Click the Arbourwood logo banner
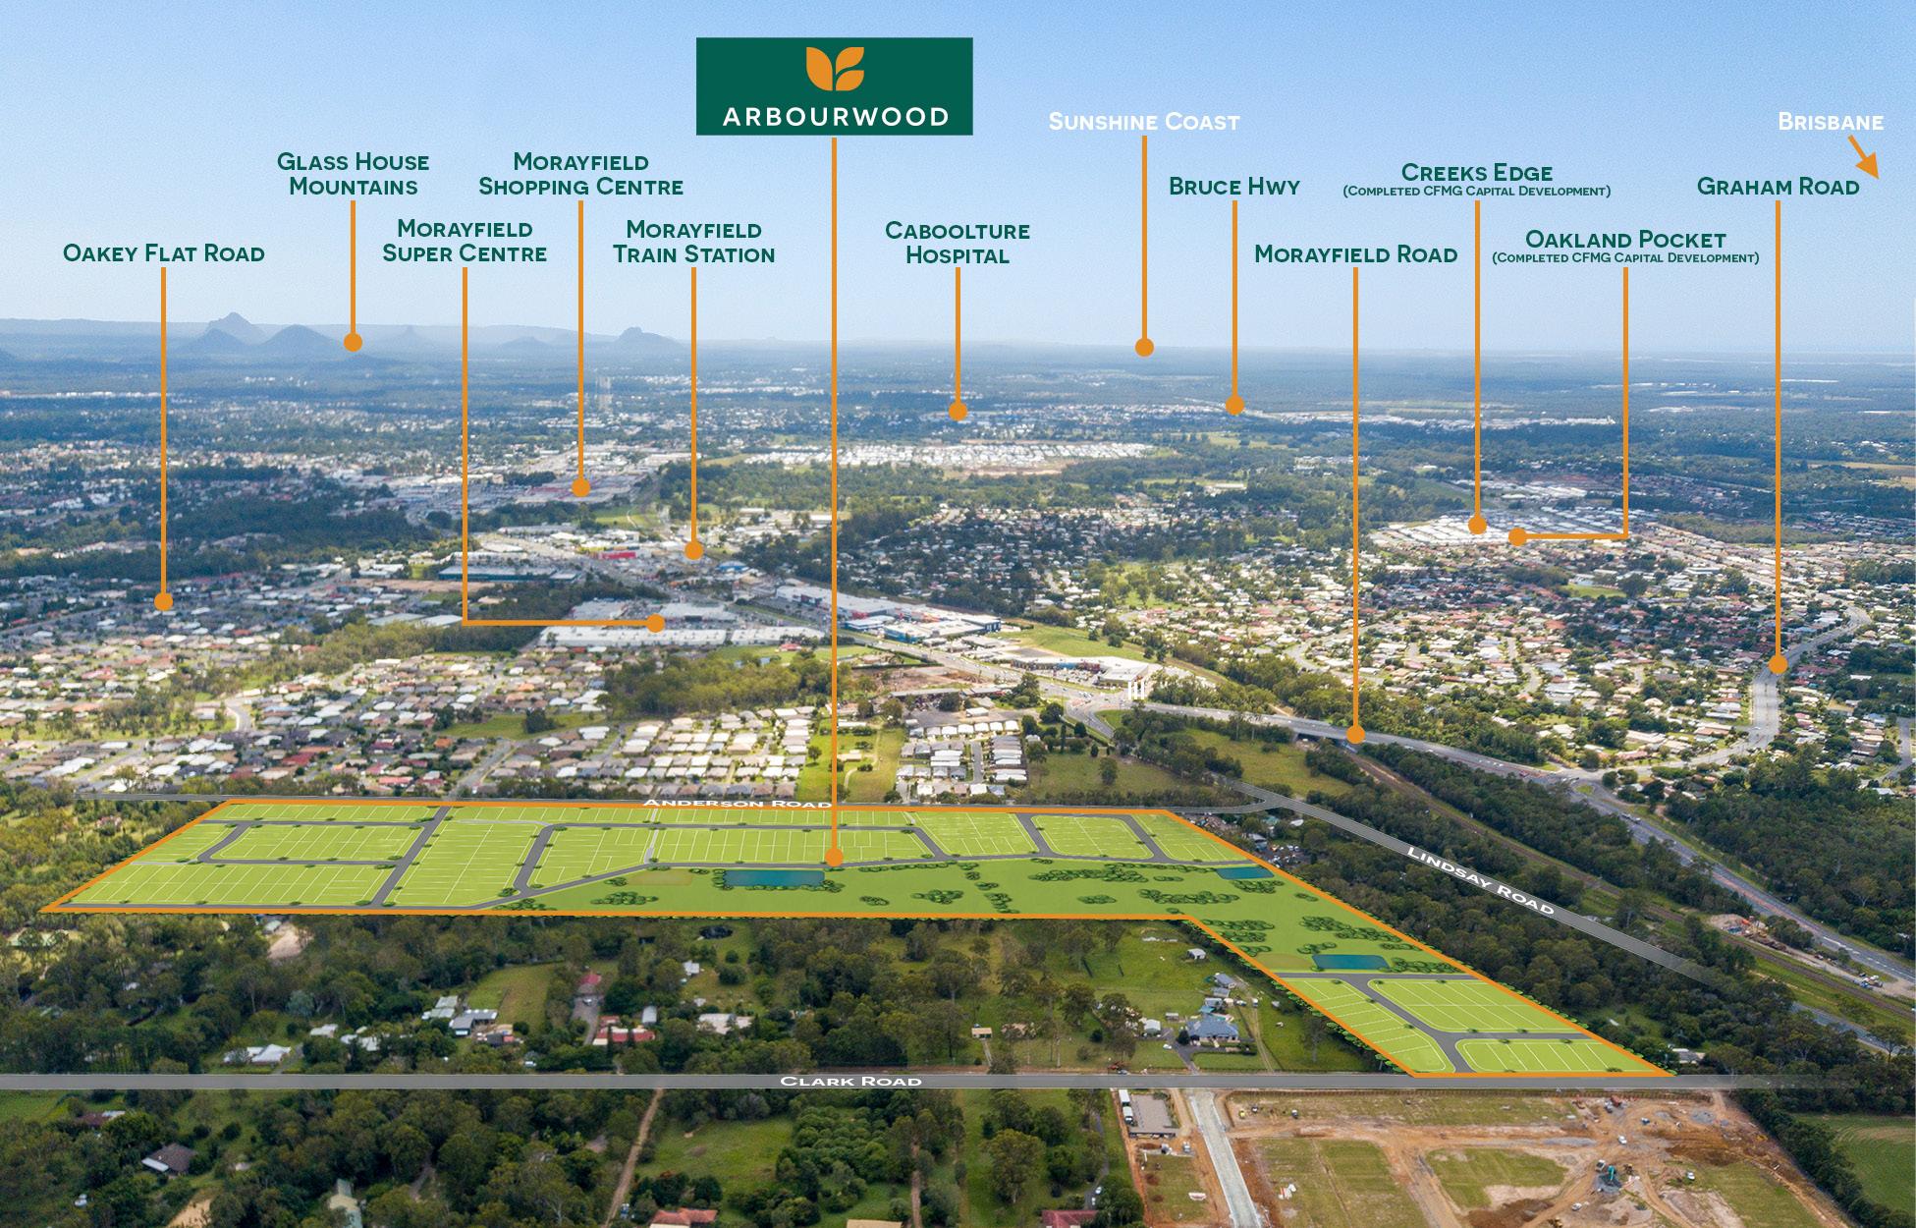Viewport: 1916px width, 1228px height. [x=834, y=85]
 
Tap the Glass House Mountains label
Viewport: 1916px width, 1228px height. [x=353, y=174]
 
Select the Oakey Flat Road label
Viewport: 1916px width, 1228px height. [x=163, y=253]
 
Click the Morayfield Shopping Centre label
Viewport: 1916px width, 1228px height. [x=580, y=174]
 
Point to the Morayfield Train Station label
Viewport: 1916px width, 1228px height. [x=693, y=242]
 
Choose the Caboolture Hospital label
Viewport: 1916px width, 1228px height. [x=957, y=243]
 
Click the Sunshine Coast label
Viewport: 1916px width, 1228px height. [x=1144, y=122]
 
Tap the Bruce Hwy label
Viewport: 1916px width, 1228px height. [x=1233, y=187]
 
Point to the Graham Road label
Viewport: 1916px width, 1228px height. [x=1778, y=187]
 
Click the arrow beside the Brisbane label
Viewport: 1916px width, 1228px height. [x=1863, y=159]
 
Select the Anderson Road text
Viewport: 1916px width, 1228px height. [x=737, y=804]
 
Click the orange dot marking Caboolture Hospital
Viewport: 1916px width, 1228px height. [x=958, y=411]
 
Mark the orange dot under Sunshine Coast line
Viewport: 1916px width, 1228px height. [x=1144, y=346]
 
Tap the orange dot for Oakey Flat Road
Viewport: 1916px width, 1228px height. [x=163, y=600]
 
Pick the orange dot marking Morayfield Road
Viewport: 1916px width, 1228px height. [x=1355, y=733]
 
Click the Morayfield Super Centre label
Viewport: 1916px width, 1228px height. [x=464, y=241]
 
